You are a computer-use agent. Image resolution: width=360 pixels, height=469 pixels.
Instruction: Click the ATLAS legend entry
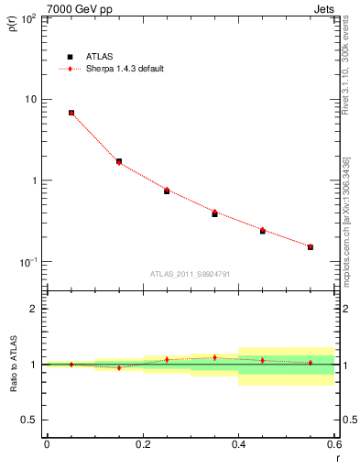[99, 56]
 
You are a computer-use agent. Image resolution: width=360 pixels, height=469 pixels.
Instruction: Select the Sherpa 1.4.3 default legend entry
[125, 69]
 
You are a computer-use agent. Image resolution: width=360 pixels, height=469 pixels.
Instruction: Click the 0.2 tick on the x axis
[142, 444]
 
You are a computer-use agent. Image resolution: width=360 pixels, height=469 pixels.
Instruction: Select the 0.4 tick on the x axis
[238, 444]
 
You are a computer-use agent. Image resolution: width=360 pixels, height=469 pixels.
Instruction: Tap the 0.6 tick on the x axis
[333, 444]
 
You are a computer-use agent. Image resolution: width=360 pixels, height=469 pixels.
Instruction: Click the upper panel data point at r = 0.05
[71, 113]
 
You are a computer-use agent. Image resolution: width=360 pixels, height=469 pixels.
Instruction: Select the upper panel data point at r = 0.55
[311, 246]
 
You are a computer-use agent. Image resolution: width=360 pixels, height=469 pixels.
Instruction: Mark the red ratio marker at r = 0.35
[214, 357]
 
